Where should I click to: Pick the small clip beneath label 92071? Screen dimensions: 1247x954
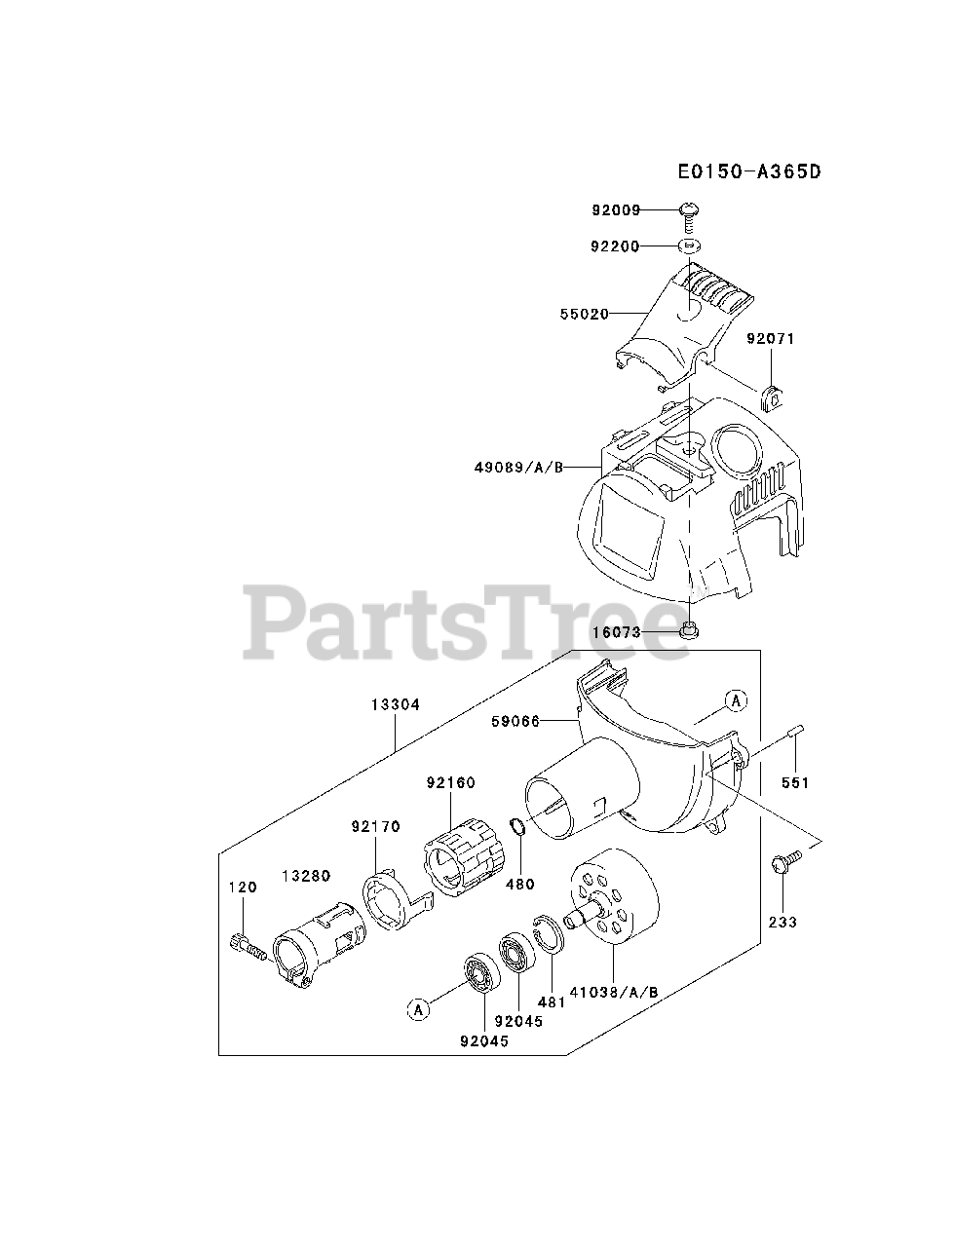pos(773,397)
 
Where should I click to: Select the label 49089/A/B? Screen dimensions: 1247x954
pos(520,467)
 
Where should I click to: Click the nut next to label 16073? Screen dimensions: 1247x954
pos(690,630)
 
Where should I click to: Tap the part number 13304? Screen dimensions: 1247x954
pos(396,704)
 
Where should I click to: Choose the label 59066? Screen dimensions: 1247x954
pos(516,722)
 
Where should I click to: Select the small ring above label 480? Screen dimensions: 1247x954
pos(519,830)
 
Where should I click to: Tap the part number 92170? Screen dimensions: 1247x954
pos(376,827)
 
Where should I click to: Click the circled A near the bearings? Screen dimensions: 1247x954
pos(418,1010)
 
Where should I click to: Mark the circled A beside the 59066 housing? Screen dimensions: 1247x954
pos(736,699)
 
